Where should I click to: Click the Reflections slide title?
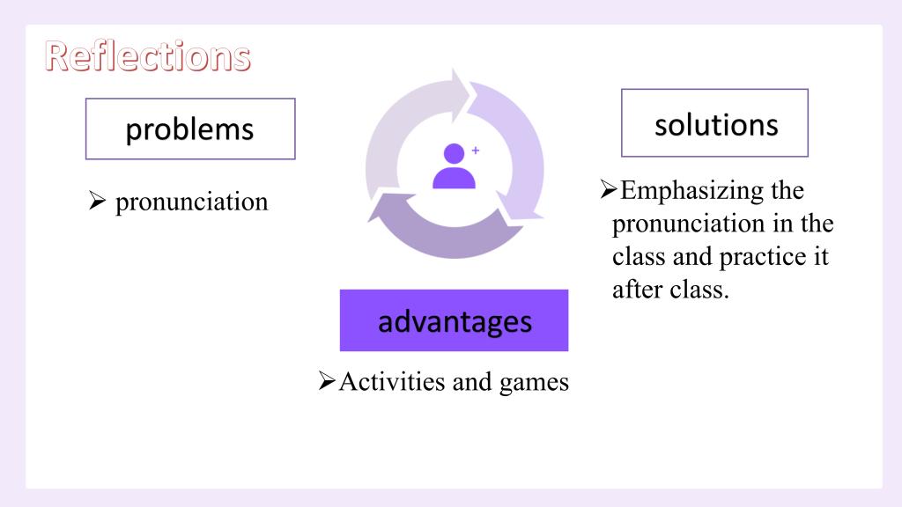tap(148, 56)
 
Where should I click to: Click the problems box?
tap(190, 129)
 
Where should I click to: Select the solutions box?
tap(714, 123)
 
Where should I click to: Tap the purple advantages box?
tap(454, 320)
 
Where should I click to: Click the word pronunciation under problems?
tap(191, 202)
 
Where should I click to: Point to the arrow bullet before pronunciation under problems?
tap(97, 201)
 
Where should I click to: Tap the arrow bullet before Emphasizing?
tap(608, 189)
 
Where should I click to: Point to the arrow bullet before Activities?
tap(327, 380)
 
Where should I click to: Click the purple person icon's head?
tap(454, 153)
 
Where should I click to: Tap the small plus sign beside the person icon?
tap(476, 151)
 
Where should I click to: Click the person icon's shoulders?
tap(454, 178)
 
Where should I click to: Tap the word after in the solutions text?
tap(637, 289)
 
